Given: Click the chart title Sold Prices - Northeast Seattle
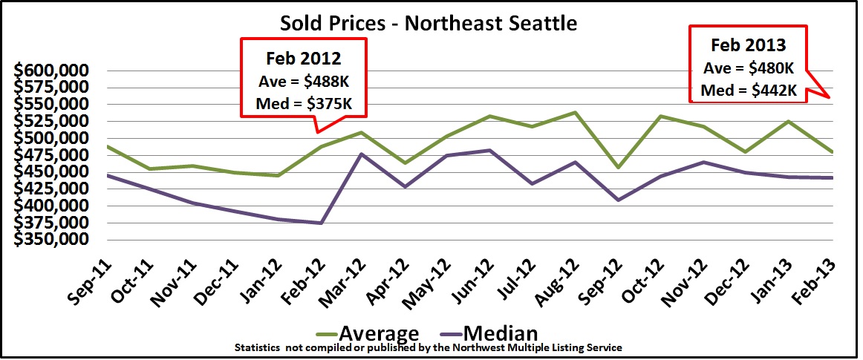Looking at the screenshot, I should coord(429,23).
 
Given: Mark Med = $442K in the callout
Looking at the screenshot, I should coord(749,91).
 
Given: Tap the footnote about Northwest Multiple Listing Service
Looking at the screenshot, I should coord(429,347).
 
